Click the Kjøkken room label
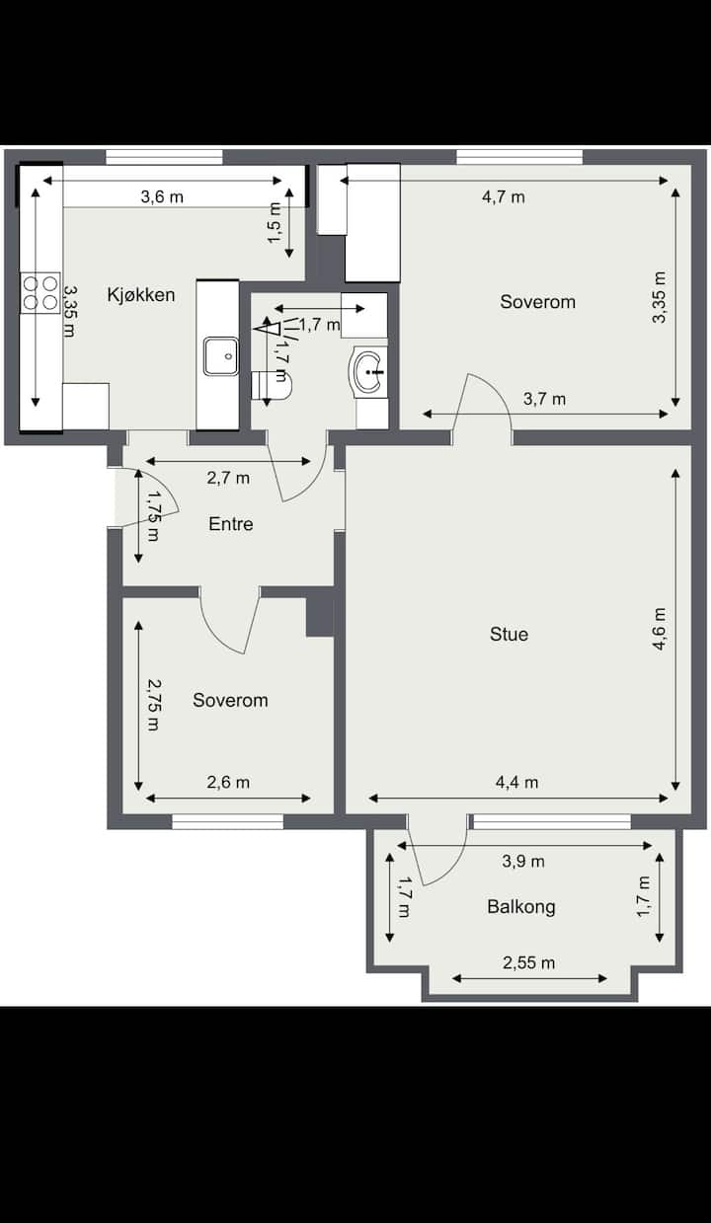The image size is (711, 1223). pyautogui.click(x=141, y=295)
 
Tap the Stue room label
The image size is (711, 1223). pyautogui.click(x=509, y=635)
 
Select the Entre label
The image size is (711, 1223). pyautogui.click(x=231, y=524)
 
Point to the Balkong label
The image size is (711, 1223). pyautogui.click(x=521, y=907)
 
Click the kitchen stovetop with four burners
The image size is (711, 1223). pyautogui.click(x=40, y=292)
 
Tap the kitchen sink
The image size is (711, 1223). pyautogui.click(x=221, y=356)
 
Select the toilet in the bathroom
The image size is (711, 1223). pyautogui.click(x=273, y=385)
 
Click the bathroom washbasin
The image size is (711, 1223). pyautogui.click(x=367, y=370)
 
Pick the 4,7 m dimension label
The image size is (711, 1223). pyautogui.click(x=504, y=197)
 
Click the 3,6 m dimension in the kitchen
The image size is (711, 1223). pyautogui.click(x=162, y=196)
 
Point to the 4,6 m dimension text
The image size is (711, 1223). pyautogui.click(x=660, y=629)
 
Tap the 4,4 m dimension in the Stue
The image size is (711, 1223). pyautogui.click(x=516, y=783)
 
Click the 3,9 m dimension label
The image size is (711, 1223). pyautogui.click(x=523, y=861)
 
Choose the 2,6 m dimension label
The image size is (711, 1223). pyautogui.click(x=228, y=783)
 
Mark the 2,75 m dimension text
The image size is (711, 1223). pyautogui.click(x=153, y=705)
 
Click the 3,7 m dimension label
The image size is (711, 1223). pyautogui.click(x=544, y=399)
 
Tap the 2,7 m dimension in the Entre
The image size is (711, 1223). pyautogui.click(x=228, y=479)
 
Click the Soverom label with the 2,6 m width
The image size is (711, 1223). pyautogui.click(x=230, y=701)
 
